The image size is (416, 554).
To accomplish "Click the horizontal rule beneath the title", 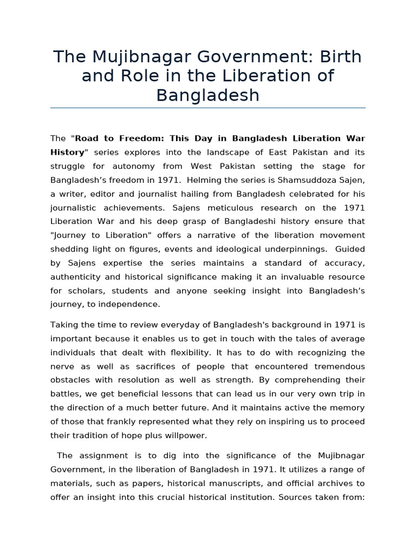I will click(x=208, y=108).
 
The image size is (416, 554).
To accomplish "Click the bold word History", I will click(x=68, y=152).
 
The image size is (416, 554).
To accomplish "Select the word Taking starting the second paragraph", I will click(x=64, y=325).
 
